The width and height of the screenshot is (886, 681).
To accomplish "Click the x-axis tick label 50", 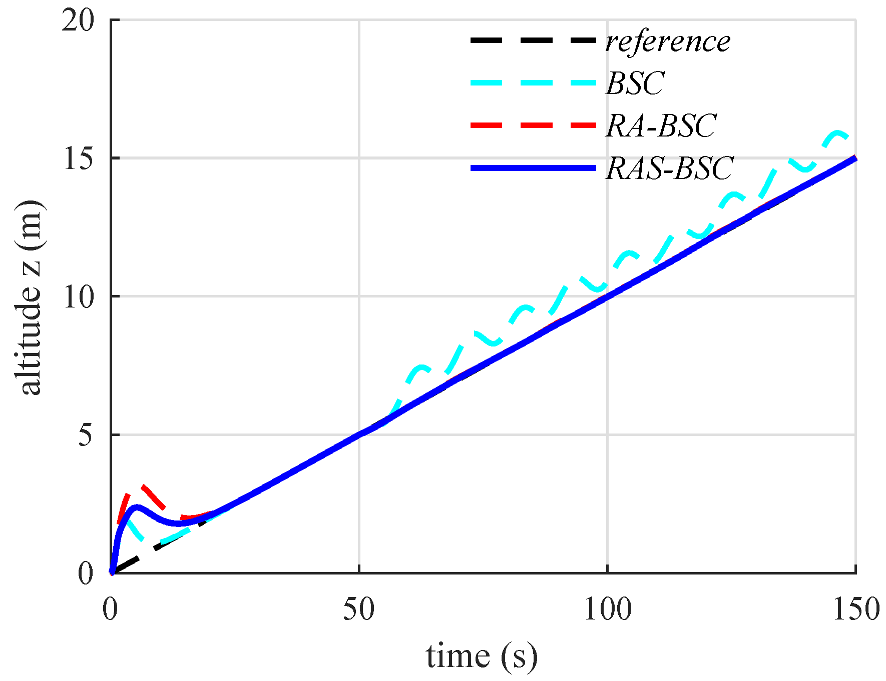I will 359,610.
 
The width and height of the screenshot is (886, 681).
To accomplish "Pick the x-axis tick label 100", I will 608,610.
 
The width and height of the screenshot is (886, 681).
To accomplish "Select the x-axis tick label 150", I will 855,610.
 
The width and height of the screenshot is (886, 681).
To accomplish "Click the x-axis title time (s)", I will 482,656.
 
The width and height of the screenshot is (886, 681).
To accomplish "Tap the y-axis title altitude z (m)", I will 29,297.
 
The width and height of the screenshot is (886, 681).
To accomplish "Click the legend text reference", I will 668,41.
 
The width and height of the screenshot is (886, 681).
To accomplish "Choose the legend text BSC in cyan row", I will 635,83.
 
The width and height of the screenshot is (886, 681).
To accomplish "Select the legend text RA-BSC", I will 661,125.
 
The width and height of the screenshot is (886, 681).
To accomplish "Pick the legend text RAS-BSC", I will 670,168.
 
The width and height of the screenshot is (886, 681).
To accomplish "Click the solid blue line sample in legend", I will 533,168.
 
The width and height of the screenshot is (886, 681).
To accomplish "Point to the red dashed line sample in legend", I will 533,125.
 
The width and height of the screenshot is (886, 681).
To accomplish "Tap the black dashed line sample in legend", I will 533,40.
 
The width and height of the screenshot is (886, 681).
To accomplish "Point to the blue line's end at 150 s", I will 855,158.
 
